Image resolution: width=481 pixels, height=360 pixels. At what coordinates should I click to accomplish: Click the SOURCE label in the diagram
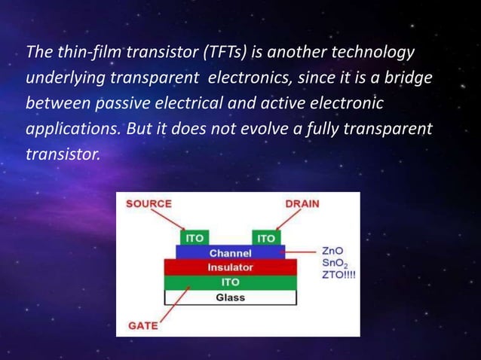(x=149, y=203)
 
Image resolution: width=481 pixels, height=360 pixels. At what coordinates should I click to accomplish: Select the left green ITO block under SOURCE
(x=195, y=238)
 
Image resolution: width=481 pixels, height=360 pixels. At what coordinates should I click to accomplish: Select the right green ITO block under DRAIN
(x=265, y=238)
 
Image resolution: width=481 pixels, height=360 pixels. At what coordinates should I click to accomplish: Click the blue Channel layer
(x=230, y=253)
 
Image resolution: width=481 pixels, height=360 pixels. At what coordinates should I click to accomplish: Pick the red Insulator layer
(x=230, y=267)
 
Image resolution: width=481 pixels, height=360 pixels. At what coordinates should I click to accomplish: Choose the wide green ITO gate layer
(x=230, y=282)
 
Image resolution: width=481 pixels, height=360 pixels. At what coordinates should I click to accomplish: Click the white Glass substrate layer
(x=230, y=297)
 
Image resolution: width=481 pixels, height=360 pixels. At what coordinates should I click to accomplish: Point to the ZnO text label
(x=333, y=250)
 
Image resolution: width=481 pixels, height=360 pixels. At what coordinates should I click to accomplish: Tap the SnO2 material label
(x=335, y=263)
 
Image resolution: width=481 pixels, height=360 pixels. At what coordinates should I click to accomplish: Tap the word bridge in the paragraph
(x=408, y=77)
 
